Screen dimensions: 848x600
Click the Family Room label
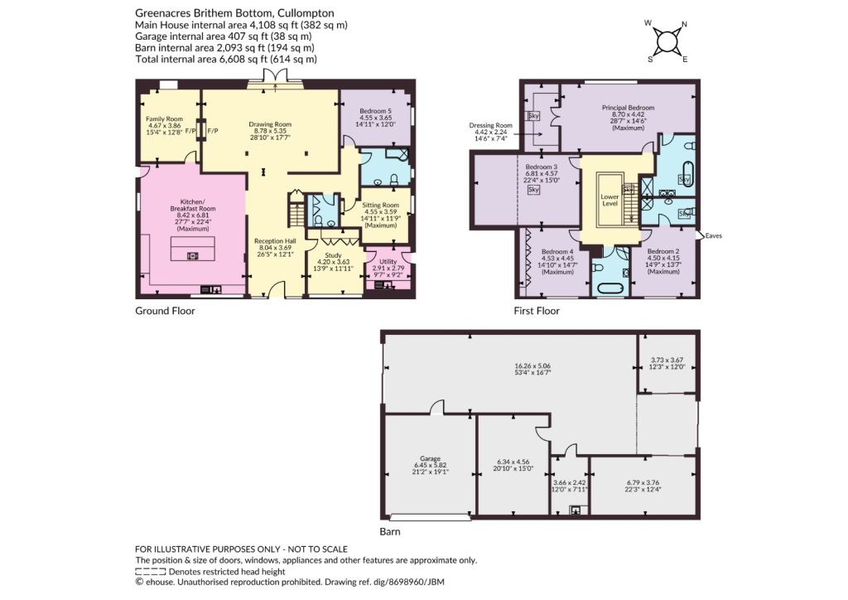(x=165, y=119)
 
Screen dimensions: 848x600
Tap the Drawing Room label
(x=270, y=124)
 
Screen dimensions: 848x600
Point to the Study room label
(x=333, y=255)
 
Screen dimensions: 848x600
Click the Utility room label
(x=388, y=261)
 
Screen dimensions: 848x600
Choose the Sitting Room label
(x=381, y=205)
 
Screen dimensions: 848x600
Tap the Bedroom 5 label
(x=376, y=111)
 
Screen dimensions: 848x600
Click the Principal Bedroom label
(x=628, y=108)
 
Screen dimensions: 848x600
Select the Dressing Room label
(x=490, y=125)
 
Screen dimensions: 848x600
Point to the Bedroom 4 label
(x=557, y=252)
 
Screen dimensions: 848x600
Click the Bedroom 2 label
(x=663, y=252)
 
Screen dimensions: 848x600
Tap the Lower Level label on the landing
(x=610, y=201)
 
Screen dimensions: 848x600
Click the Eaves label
(x=714, y=236)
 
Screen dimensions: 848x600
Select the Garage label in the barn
(x=431, y=458)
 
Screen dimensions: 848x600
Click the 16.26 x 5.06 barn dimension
(x=532, y=365)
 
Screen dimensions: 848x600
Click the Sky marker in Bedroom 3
(x=534, y=189)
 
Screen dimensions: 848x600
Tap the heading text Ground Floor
(x=165, y=311)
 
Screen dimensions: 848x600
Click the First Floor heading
(x=537, y=311)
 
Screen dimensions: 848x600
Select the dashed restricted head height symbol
(x=151, y=571)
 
